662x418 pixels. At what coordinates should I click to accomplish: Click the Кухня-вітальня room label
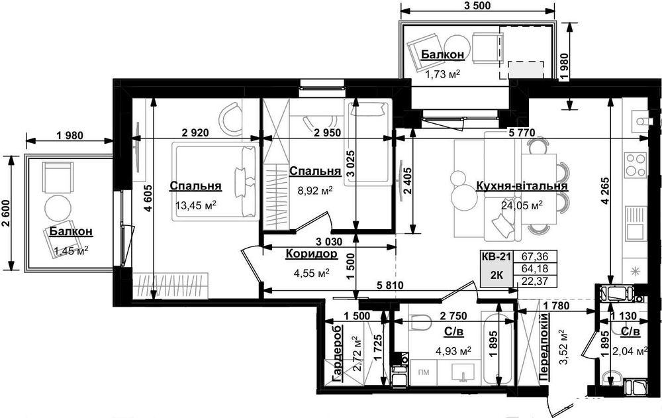(522, 186)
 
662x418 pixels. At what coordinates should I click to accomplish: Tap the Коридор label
(312, 254)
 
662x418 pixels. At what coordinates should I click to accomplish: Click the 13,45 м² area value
(195, 205)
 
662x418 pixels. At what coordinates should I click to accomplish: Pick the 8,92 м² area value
(315, 191)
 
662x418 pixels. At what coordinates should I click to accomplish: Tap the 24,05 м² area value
(522, 206)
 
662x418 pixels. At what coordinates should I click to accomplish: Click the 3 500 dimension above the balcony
(477, 5)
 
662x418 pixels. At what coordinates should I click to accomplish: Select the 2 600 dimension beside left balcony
(6, 212)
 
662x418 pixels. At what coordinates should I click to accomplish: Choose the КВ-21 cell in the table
(496, 256)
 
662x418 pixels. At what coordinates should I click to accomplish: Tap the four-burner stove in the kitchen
(636, 165)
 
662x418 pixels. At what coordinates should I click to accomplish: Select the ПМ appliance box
(424, 372)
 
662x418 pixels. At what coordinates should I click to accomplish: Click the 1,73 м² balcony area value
(442, 75)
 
